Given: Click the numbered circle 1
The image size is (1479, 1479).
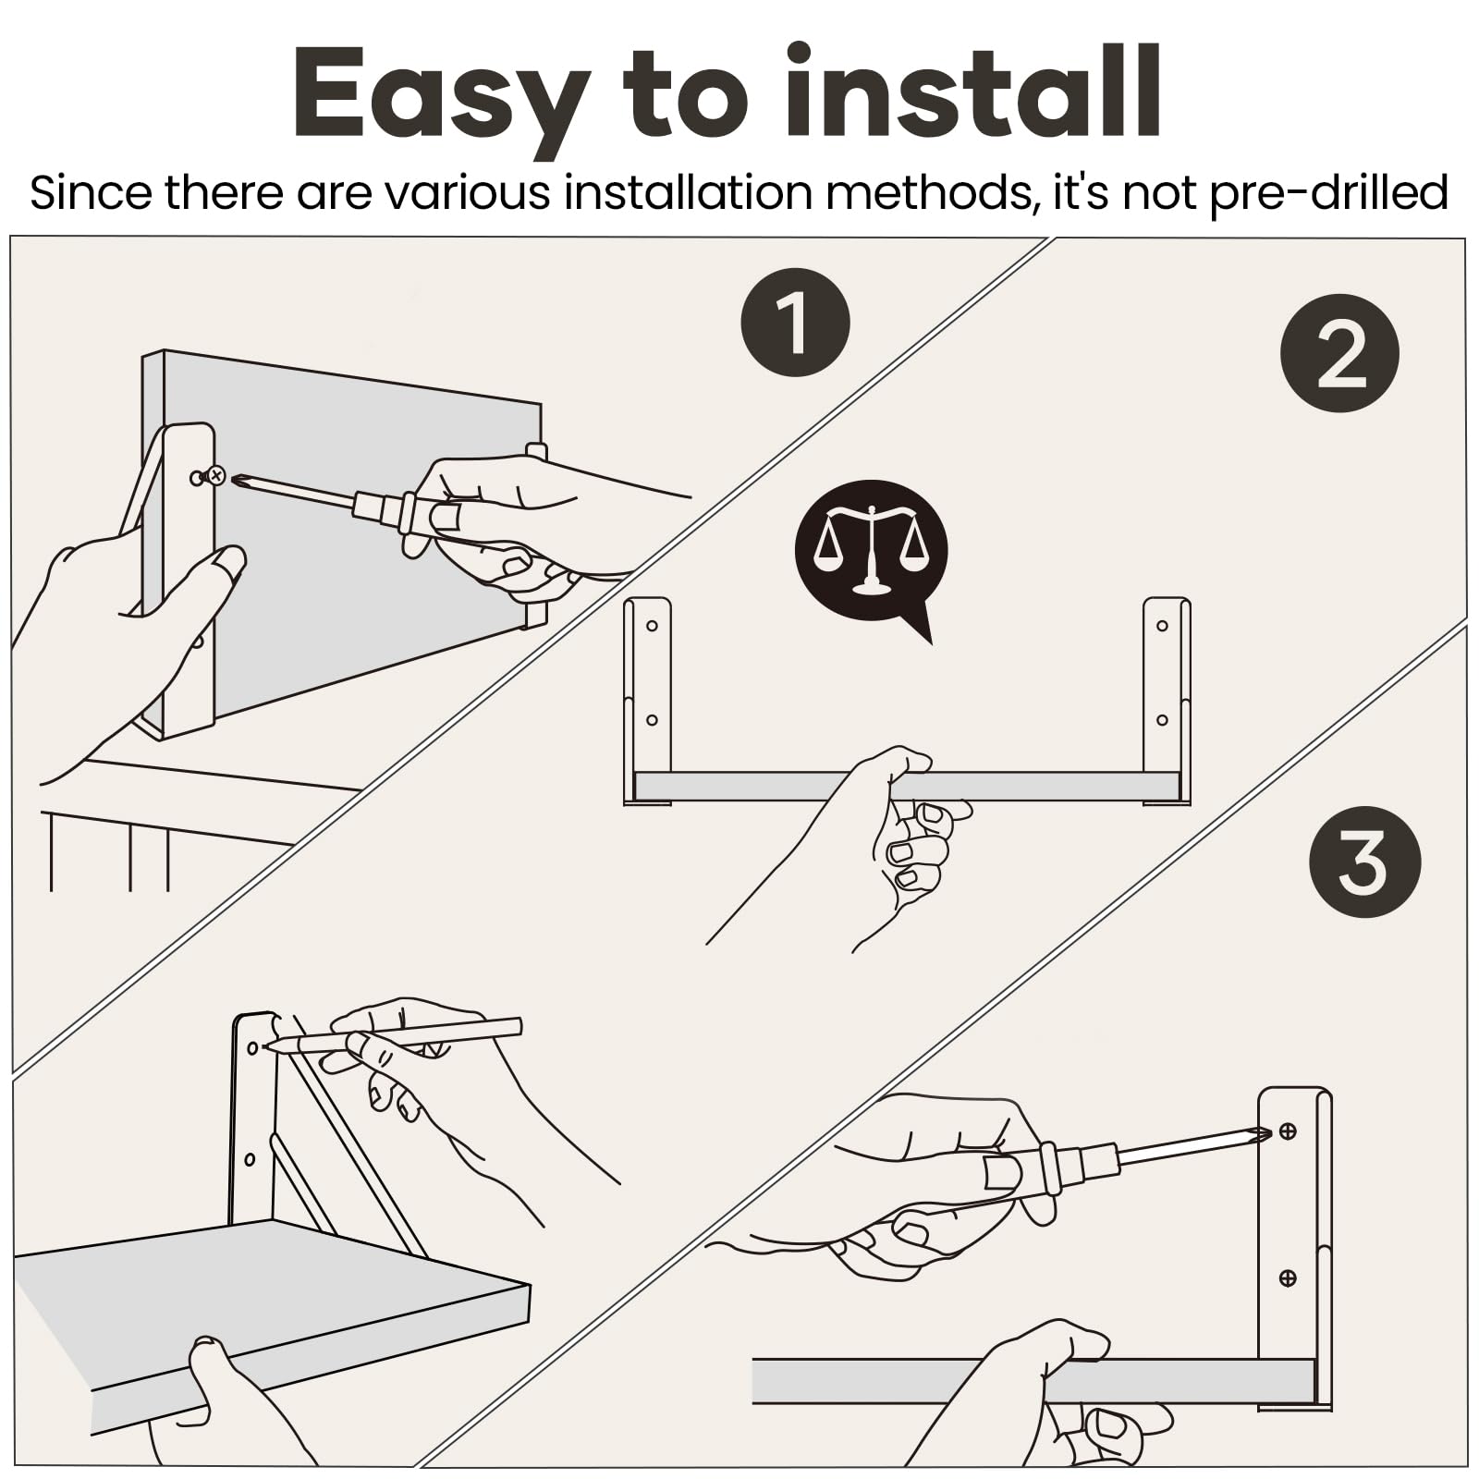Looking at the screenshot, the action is pos(795,322).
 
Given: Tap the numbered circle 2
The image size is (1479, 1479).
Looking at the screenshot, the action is pos(1339,352).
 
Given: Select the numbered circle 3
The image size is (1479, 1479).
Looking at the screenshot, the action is pos(1364,862).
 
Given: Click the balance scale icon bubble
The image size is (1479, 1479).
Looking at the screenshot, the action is pos(871,553).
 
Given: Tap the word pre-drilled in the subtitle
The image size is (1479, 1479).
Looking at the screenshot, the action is pos(1329,194).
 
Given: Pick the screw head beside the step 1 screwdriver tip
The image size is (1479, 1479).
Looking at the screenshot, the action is pos(215,475).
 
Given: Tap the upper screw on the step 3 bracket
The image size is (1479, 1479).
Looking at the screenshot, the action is pos(1287,1131).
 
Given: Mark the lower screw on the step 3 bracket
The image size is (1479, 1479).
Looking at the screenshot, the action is pos(1287,1277).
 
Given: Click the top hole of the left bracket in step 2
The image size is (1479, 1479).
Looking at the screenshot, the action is pos(652,626).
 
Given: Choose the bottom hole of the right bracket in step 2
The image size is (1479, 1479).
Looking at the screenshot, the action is pos(1162,720).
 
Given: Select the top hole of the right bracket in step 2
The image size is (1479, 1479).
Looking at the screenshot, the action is pos(1162,626).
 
